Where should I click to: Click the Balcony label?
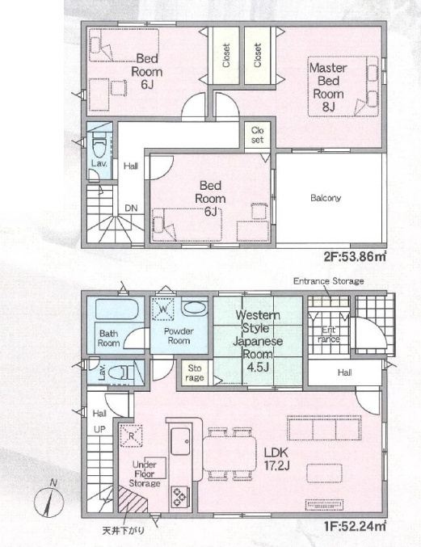pyautogui.click(x=326, y=198)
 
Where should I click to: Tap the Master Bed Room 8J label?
pyautogui.click(x=328, y=87)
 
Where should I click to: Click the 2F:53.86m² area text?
pyautogui.click(x=355, y=258)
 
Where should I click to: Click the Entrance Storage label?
pyautogui.click(x=328, y=281)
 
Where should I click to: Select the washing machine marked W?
pyautogui.click(x=163, y=309)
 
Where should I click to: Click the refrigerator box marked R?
pyautogui.click(x=132, y=435)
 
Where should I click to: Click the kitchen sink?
pyautogui.click(x=180, y=441)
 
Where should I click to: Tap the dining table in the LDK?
pyautogui.click(x=229, y=453)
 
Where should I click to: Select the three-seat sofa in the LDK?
pyautogui.click(x=324, y=427)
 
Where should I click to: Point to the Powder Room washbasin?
pyautogui.click(x=194, y=307)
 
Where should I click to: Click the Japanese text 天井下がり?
pyautogui.click(x=123, y=531)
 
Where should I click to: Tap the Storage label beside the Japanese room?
pyautogui.click(x=195, y=373)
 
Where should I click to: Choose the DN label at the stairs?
pyautogui.click(x=131, y=208)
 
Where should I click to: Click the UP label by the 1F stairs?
pyautogui.click(x=99, y=429)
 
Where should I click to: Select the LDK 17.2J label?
pyautogui.click(x=276, y=459)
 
